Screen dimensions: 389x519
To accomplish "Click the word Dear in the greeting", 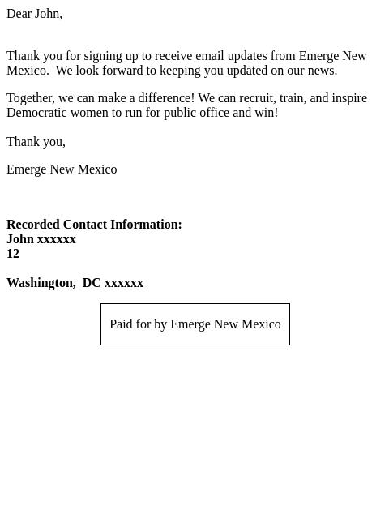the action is click(19, 14).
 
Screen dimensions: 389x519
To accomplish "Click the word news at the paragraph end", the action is click(320, 71).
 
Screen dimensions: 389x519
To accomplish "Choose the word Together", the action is click(29, 98).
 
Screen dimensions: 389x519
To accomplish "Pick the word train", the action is click(293, 98).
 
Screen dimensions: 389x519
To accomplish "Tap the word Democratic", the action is click(37, 113).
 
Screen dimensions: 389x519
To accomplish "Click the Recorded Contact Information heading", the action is click(94, 225).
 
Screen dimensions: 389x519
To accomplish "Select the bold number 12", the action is click(13, 254).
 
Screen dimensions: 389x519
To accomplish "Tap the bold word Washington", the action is click(41, 283).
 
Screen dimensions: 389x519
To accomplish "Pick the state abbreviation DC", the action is click(92, 283).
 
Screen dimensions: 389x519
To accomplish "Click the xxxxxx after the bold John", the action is click(57, 239).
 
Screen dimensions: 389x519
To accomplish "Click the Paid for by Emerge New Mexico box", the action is click(195, 324).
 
